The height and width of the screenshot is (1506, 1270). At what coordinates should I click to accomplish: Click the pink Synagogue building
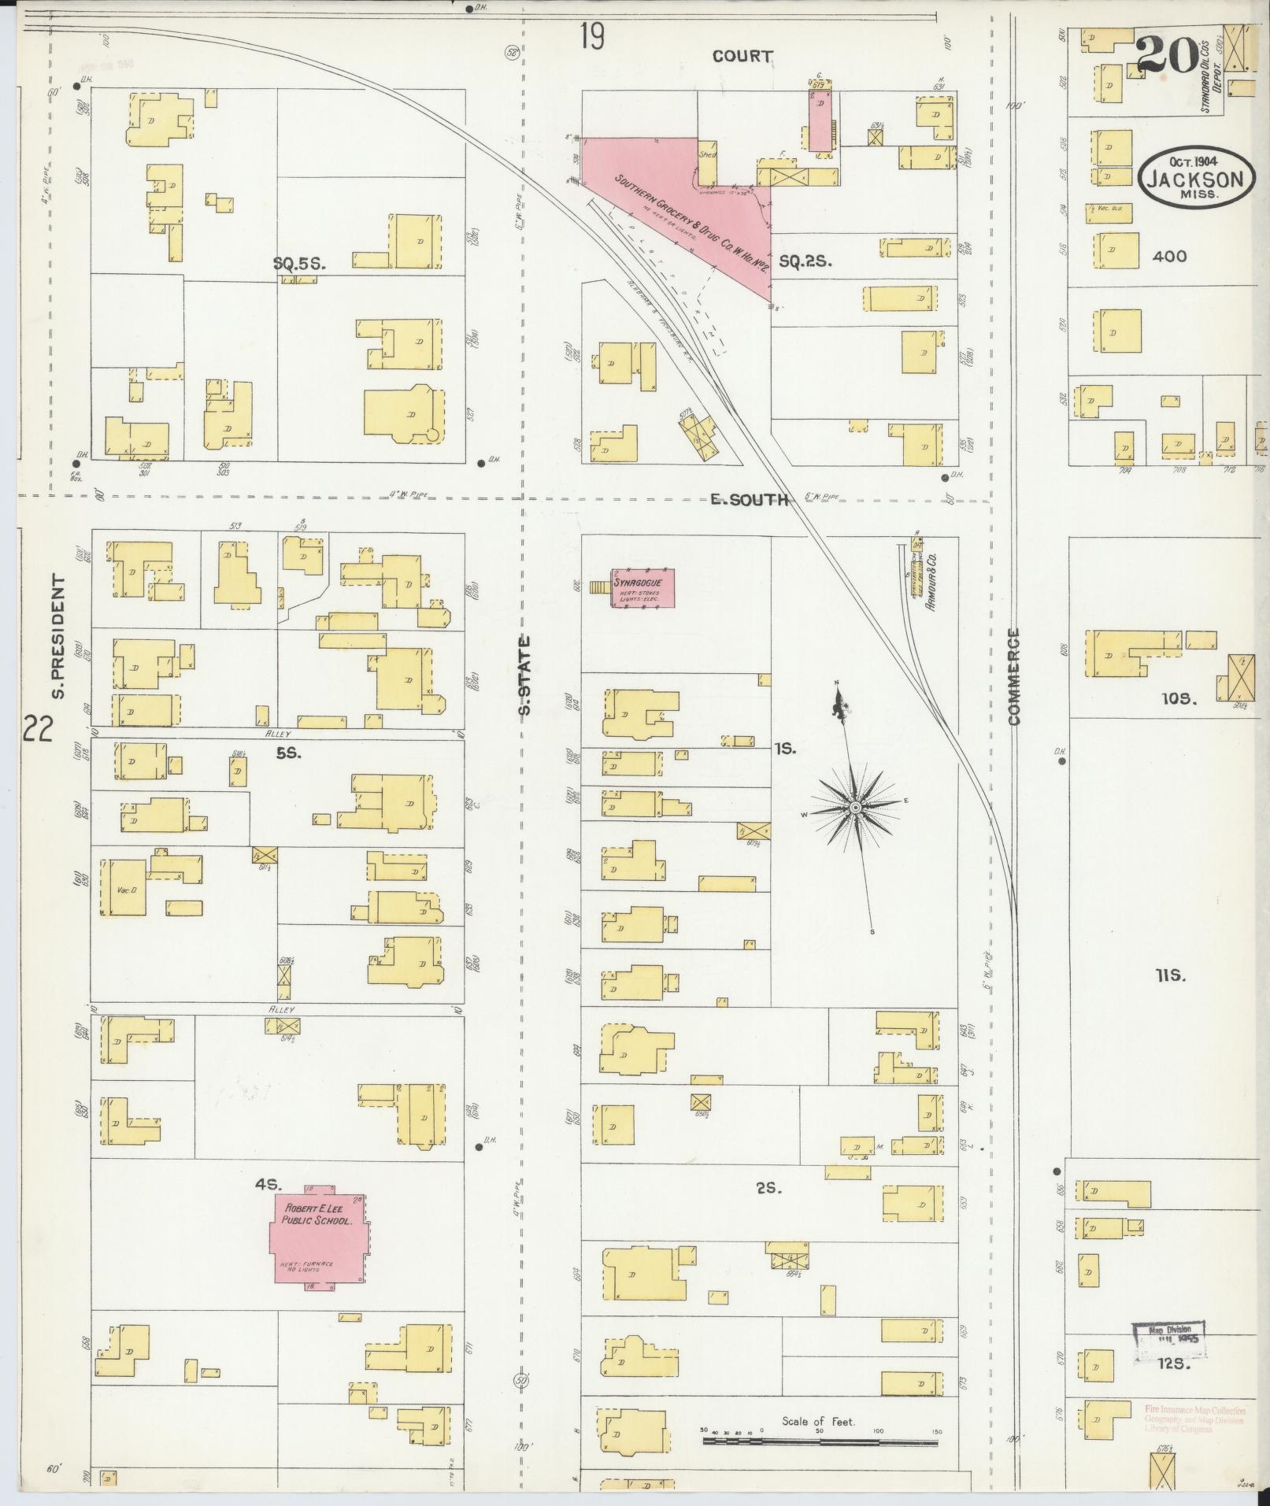(x=643, y=588)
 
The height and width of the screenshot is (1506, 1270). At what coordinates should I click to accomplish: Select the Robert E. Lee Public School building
(x=320, y=1241)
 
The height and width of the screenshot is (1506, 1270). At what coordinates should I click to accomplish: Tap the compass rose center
(x=855, y=809)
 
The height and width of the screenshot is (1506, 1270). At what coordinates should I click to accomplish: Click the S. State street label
(x=525, y=675)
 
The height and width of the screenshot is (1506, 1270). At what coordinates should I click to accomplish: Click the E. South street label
(x=749, y=499)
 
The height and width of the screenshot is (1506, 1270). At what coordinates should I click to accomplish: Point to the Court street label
(x=742, y=56)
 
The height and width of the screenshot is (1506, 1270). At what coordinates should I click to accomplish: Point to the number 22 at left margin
(x=36, y=728)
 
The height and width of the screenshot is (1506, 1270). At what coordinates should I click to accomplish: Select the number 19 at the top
(x=592, y=38)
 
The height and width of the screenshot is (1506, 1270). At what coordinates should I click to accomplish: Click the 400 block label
(x=1168, y=256)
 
